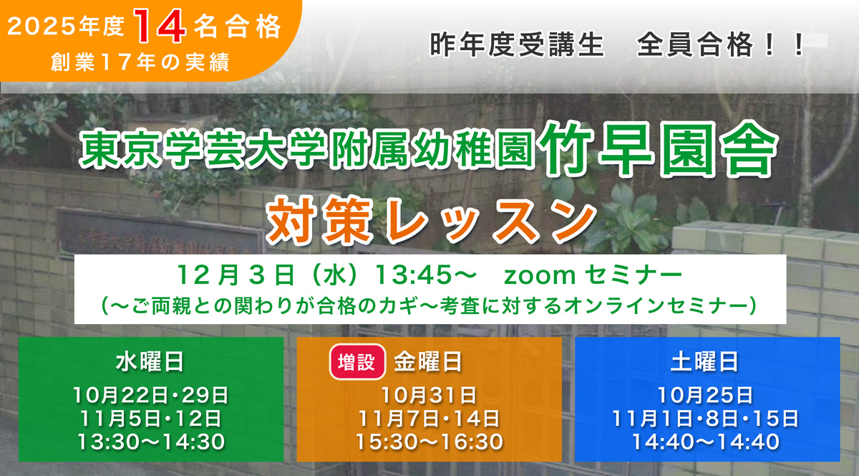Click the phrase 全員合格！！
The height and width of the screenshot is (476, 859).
click(719, 47)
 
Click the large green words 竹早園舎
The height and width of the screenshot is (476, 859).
click(659, 148)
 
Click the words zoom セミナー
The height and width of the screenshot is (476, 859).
click(591, 275)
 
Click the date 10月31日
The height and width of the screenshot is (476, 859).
click(429, 394)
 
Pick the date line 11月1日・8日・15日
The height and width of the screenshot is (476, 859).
click(705, 418)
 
